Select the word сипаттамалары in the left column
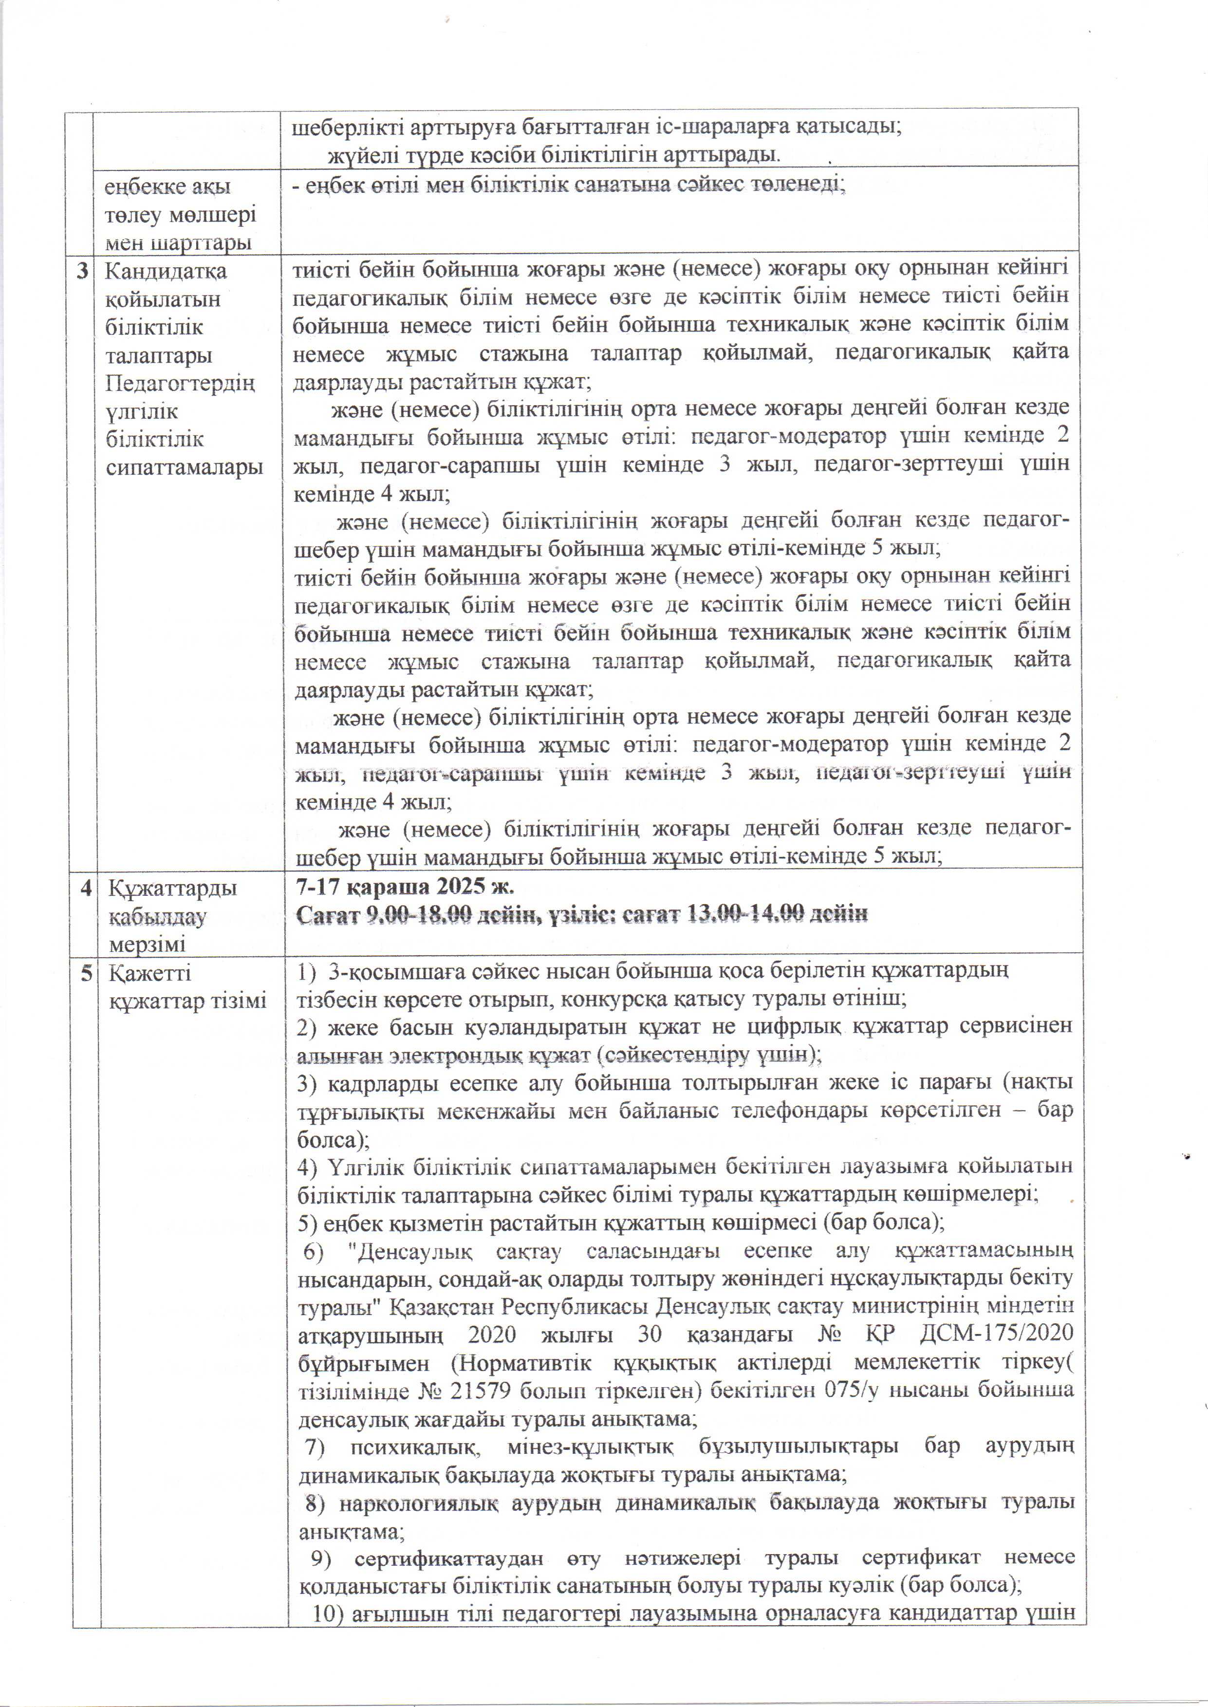[x=185, y=467]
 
